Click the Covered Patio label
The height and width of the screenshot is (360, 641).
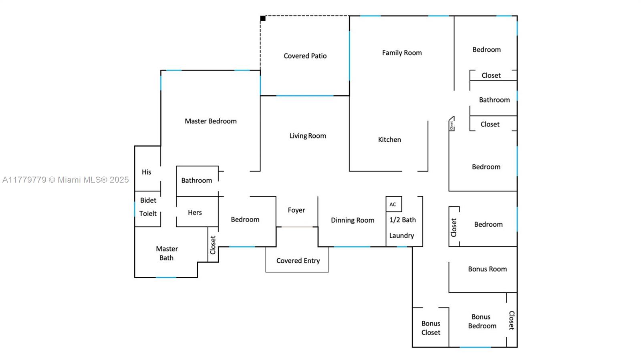tap(305, 56)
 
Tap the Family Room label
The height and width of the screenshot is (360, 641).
tap(402, 53)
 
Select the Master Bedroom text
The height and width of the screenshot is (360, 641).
tap(210, 121)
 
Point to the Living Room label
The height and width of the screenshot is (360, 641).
tap(308, 136)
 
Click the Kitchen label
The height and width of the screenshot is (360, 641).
tap(389, 140)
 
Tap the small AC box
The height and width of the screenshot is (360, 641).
tap(393, 204)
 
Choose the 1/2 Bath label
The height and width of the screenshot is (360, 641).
tap(403, 220)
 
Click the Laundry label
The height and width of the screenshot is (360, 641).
tap(401, 235)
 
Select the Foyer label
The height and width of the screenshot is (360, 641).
tap(296, 210)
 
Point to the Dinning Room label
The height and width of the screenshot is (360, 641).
tap(353, 220)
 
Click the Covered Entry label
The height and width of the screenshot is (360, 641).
tap(298, 261)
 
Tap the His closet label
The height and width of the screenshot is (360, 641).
tap(146, 172)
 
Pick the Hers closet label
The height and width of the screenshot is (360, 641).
tap(195, 213)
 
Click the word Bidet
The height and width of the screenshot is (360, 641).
tap(148, 200)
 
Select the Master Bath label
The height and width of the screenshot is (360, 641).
tap(167, 253)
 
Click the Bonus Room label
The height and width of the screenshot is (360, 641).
tap(487, 269)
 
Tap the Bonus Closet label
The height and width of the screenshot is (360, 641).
tap(431, 328)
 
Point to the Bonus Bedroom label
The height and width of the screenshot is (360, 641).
tap(482, 322)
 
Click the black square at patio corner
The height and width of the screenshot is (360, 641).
tap(263, 18)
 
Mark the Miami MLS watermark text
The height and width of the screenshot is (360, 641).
tap(66, 180)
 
